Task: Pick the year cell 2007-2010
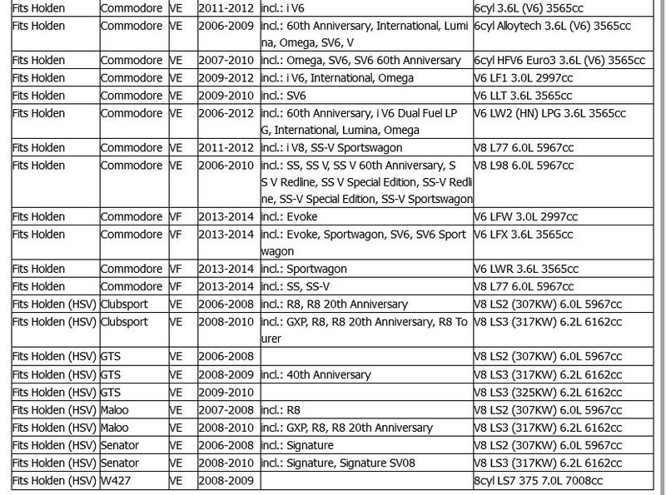click(x=227, y=60)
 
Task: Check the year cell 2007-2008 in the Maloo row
click(x=227, y=409)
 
